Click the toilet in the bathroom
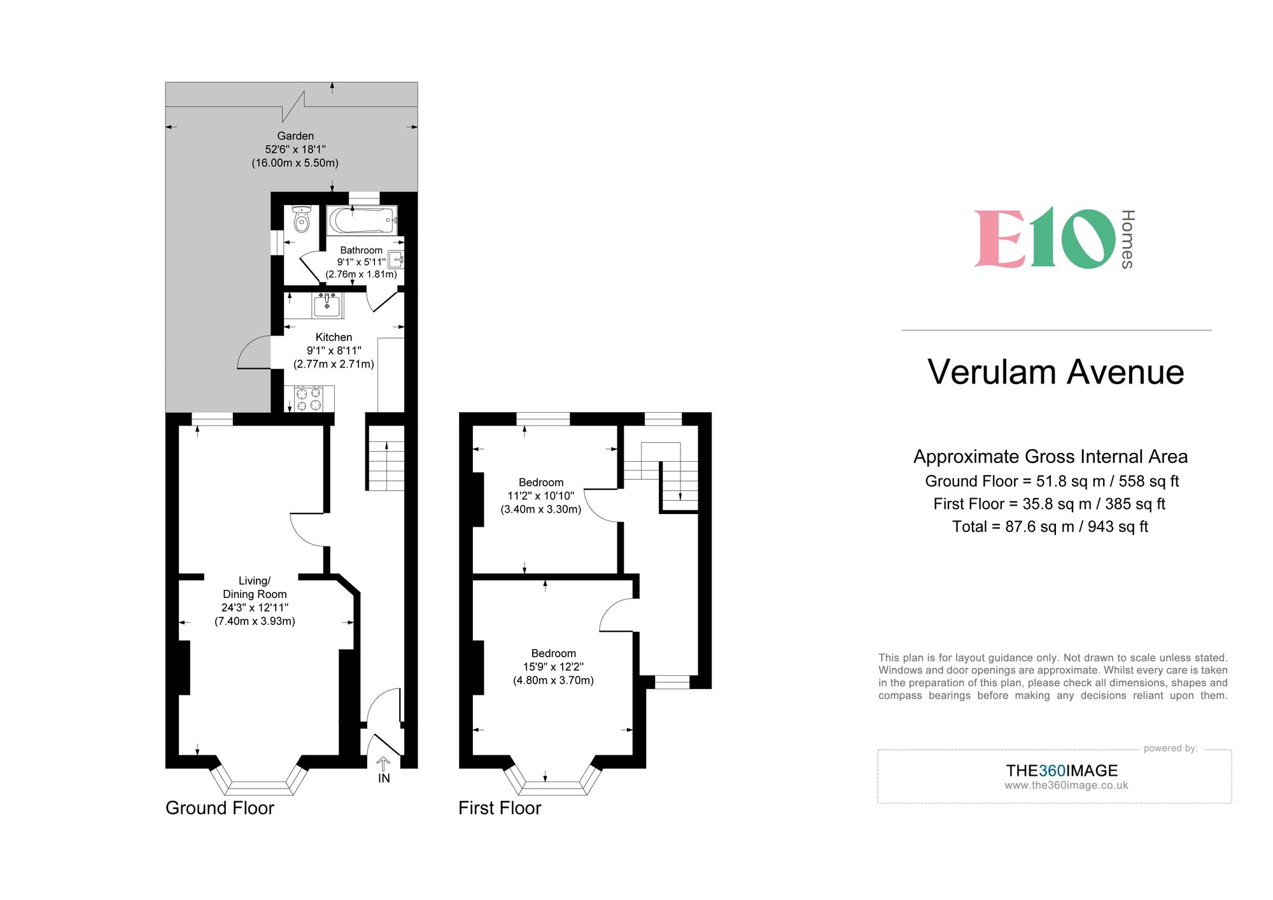pos(302,219)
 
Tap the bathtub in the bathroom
pos(362,220)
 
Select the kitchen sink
pos(327,305)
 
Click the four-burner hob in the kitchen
pos(309,399)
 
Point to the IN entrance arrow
pos(383,764)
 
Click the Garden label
pos(295,136)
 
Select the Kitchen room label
pos(334,337)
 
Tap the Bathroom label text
pos(361,250)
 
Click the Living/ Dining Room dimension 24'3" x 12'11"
pos(255,608)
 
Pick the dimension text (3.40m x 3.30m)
pos(541,510)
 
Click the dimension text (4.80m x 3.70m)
pos(553,680)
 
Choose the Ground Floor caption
pos(220,808)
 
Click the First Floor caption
pos(500,808)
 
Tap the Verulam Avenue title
pos(1056,372)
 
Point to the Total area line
pos(1050,527)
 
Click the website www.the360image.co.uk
pos(1066,785)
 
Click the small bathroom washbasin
pos(397,260)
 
